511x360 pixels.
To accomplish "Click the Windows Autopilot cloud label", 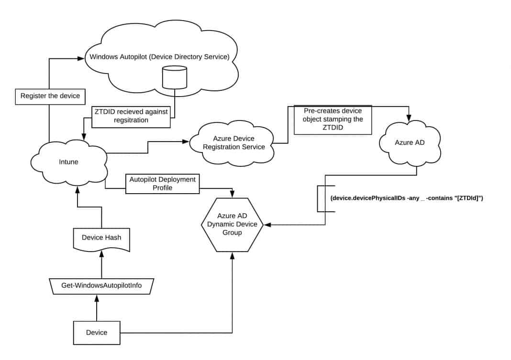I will click(160, 57).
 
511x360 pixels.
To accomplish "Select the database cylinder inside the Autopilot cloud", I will click(174, 77).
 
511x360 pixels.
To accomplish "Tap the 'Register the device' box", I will click(50, 96).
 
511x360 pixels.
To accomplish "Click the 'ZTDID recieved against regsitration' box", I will click(131, 116).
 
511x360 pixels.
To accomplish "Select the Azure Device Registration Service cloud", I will click(233, 143).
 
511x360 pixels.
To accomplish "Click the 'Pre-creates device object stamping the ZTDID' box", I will click(333, 119).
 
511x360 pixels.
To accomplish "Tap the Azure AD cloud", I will click(410, 143).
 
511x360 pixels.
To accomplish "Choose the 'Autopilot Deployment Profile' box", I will click(162, 184).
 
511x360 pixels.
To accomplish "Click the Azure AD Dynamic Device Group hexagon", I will click(232, 225).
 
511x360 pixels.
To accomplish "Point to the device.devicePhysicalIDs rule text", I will click(406, 198).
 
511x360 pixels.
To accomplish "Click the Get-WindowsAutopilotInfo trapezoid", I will click(101, 286).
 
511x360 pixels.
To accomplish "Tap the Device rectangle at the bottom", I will click(96, 332).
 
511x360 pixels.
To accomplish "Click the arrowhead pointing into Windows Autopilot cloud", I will click(81, 59).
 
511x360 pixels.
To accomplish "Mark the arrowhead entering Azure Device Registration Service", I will click(185, 142).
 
